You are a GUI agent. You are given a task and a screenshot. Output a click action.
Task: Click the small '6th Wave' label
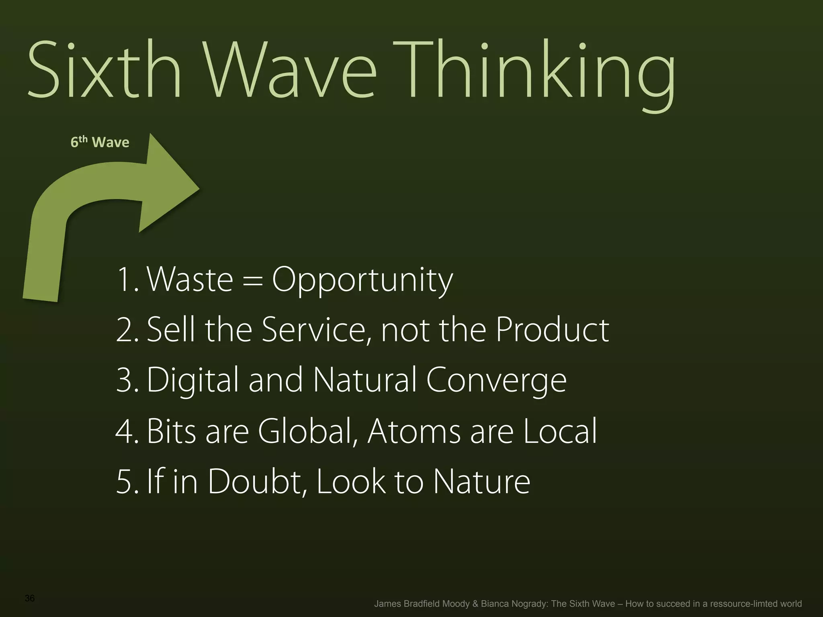coord(100,142)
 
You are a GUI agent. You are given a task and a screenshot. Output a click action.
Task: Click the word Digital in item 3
coord(193,381)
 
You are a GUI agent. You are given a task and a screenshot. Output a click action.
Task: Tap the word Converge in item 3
coord(496,381)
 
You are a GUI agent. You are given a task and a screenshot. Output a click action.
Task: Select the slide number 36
coord(30,598)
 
